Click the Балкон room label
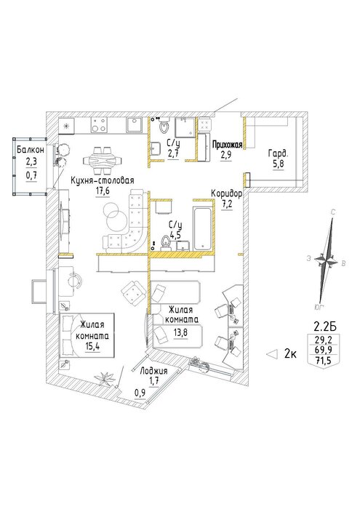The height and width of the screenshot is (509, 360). [x=31, y=150]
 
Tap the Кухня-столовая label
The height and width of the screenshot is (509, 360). [x=103, y=181]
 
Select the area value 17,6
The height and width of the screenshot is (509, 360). [x=103, y=191]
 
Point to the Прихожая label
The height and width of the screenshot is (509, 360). [x=227, y=145]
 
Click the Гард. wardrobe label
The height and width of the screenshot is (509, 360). [x=279, y=153]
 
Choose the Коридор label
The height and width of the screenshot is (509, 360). [x=226, y=194]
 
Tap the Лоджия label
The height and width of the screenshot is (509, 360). [x=153, y=371]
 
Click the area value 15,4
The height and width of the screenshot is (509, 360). [x=92, y=346]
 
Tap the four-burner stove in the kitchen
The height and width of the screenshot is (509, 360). [x=99, y=125]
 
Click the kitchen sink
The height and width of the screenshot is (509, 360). [x=134, y=125]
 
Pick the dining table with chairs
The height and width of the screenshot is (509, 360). [x=103, y=161]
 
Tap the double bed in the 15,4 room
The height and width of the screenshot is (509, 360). [x=87, y=336]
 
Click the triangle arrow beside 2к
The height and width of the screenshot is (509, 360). [x=272, y=354]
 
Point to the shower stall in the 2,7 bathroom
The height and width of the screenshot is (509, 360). [x=185, y=127]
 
